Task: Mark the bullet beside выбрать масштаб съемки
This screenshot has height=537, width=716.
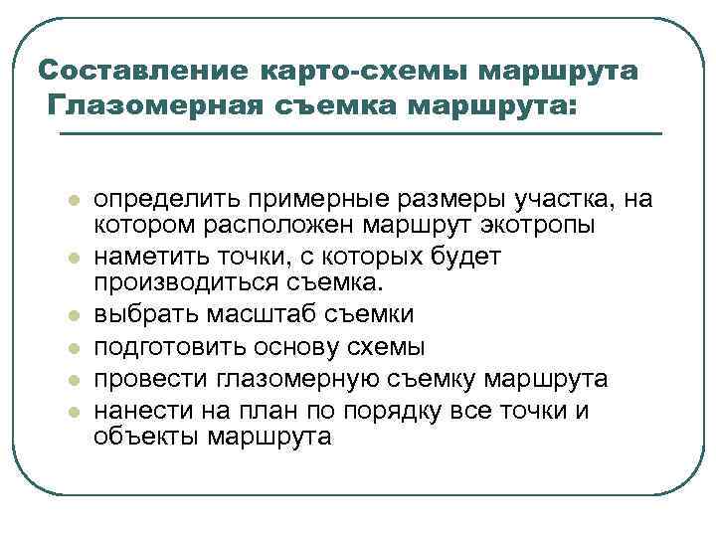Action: click(72, 316)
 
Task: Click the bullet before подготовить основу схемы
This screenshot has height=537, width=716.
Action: click(72, 348)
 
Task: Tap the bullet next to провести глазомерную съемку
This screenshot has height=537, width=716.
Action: click(72, 380)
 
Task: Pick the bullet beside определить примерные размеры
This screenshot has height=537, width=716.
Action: click(72, 201)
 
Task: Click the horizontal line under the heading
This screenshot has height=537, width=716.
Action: click(358, 133)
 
